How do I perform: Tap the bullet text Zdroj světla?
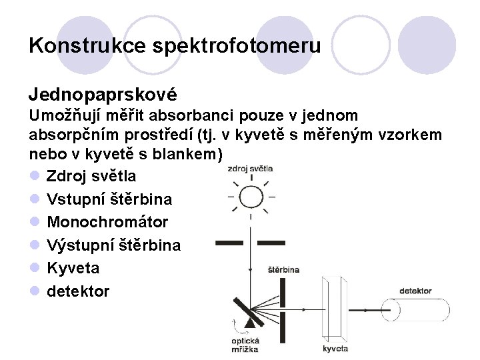(x=91, y=176)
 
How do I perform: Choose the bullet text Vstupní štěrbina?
(x=109, y=199)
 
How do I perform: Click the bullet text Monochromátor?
(x=107, y=222)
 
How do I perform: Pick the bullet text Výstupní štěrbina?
(x=113, y=245)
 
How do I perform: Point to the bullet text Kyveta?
(x=73, y=268)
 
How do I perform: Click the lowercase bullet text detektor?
(x=78, y=291)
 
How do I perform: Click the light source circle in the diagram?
(x=251, y=197)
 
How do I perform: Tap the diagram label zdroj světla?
(x=250, y=168)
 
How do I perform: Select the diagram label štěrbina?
(x=283, y=270)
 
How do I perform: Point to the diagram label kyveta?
(x=335, y=348)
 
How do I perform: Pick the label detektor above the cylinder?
(x=416, y=291)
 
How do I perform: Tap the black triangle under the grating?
(x=251, y=323)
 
